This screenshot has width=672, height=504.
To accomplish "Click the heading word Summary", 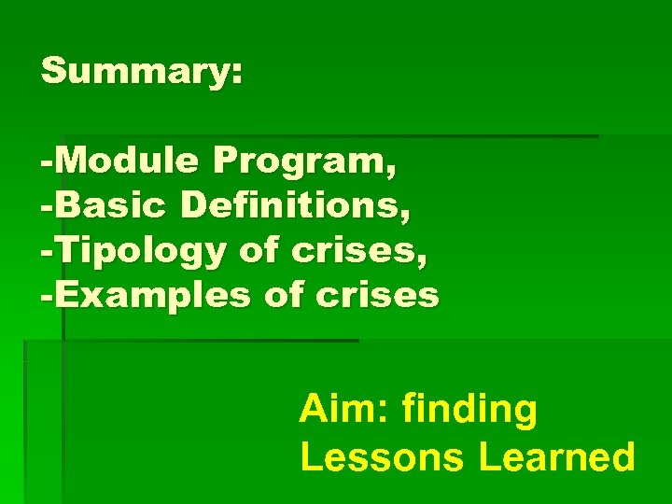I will [x=136, y=73].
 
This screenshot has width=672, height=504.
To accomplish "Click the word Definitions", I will [x=293, y=206].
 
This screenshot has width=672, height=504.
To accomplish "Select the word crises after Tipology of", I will [x=346, y=250].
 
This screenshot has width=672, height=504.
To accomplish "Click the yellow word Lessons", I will [x=383, y=457].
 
